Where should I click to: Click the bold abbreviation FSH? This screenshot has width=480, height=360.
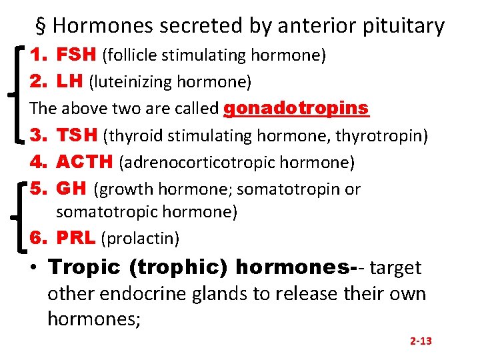click(x=75, y=55)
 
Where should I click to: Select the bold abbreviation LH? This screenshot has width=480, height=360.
click(x=70, y=81)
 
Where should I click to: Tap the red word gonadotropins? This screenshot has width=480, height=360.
click(x=297, y=108)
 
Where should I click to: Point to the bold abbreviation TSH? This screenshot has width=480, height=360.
click(x=77, y=135)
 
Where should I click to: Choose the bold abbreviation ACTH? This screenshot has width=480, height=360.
click(x=85, y=162)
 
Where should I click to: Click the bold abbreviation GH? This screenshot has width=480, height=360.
click(x=71, y=189)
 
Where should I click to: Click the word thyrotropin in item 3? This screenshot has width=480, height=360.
click(x=379, y=136)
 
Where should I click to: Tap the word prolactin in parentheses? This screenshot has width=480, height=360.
click(x=140, y=238)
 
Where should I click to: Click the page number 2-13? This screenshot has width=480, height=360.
click(x=421, y=341)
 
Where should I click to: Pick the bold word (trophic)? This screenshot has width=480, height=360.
click(x=179, y=267)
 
